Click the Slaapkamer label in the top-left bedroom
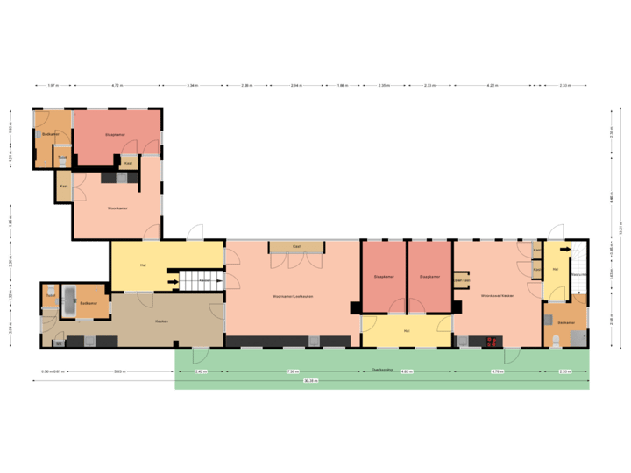pyautogui.click(x=117, y=135)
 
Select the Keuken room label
pyautogui.click(x=161, y=321)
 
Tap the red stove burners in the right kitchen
pyautogui.click(x=491, y=342)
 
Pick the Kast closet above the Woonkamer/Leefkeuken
pyautogui.click(x=296, y=247)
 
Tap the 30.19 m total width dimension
pyautogui.click(x=311, y=381)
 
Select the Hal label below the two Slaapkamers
pyautogui.click(x=407, y=331)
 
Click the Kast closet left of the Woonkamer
pyautogui.click(x=63, y=186)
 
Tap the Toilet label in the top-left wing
pyautogui.click(x=62, y=158)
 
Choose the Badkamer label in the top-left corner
pyautogui.click(x=51, y=134)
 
